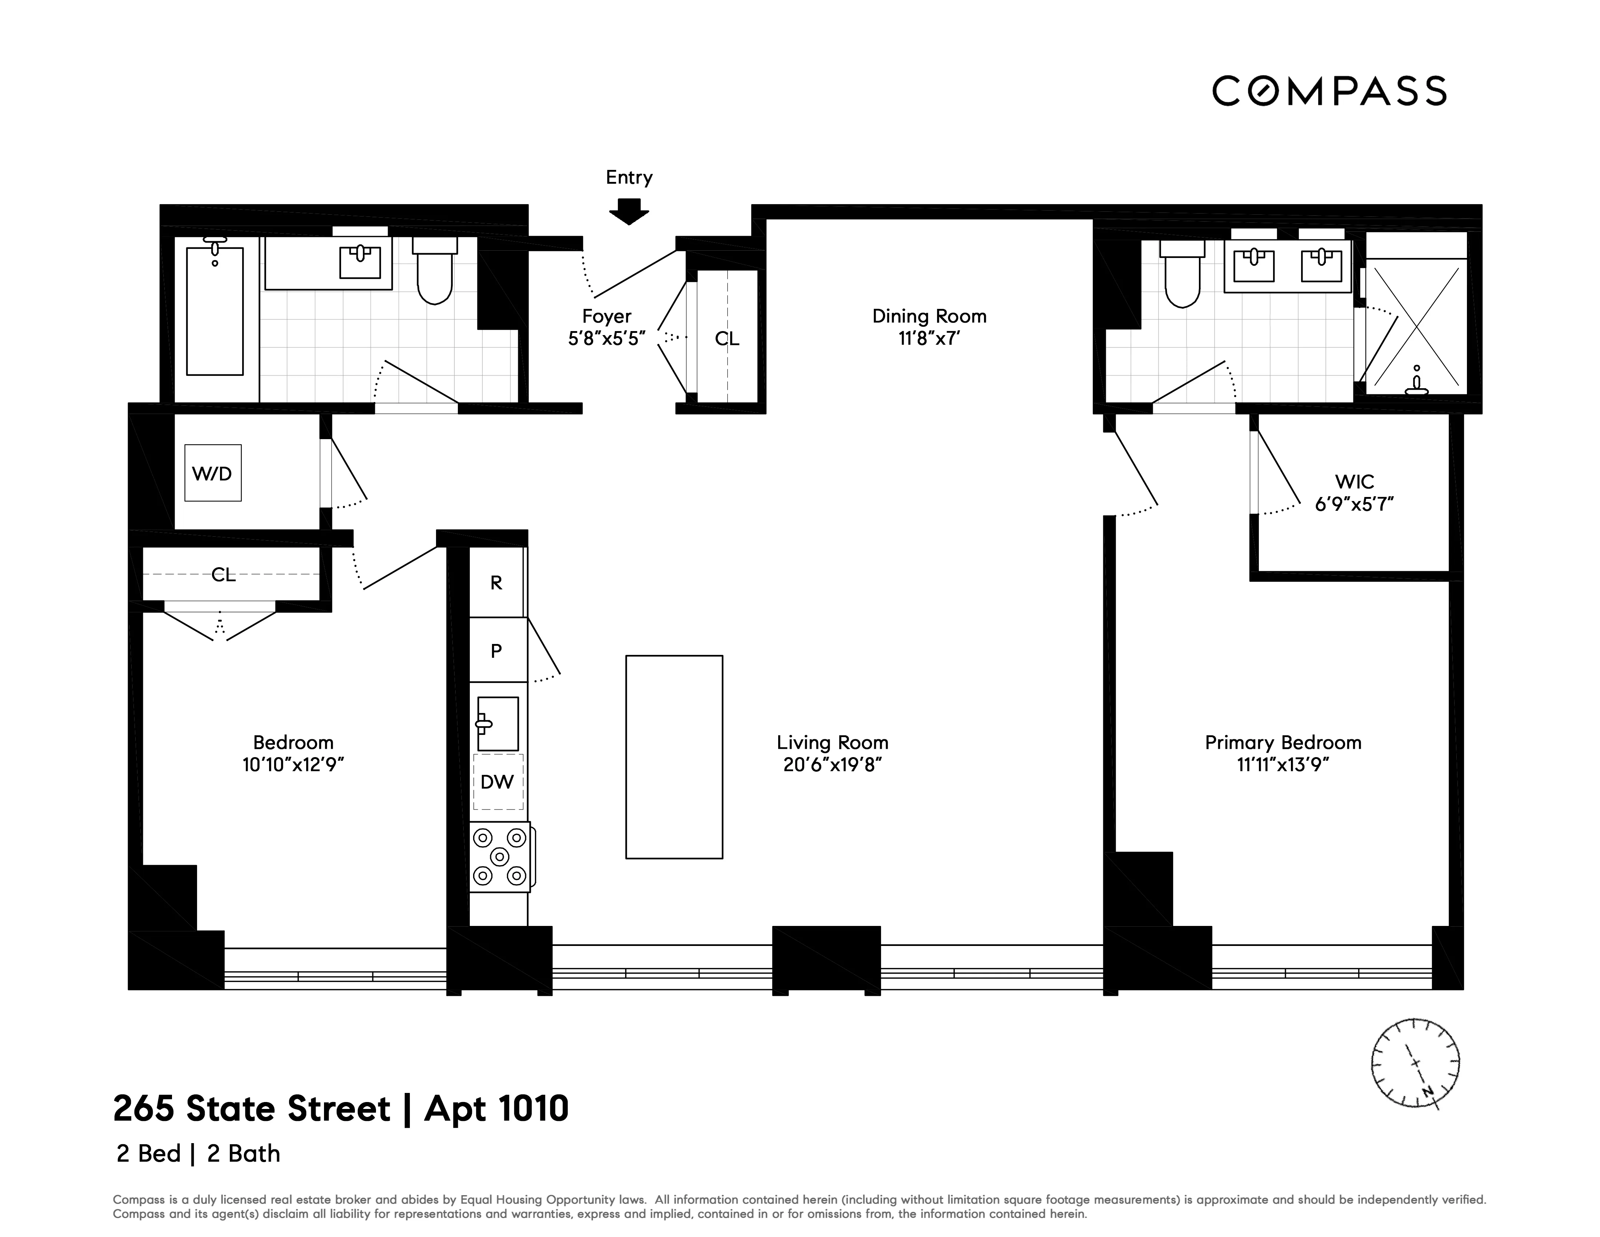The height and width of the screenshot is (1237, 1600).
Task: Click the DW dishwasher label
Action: click(x=497, y=782)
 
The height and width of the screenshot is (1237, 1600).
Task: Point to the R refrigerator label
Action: click(x=496, y=582)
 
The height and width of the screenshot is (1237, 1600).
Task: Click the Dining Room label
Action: click(x=929, y=316)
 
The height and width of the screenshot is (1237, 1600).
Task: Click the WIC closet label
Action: click(x=1354, y=481)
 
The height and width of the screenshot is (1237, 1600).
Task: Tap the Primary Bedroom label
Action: click(x=1283, y=742)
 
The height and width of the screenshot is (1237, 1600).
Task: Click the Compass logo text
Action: click(x=1329, y=92)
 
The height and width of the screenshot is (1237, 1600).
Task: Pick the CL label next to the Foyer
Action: click(x=727, y=339)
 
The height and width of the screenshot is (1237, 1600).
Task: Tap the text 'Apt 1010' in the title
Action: click(x=496, y=1109)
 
